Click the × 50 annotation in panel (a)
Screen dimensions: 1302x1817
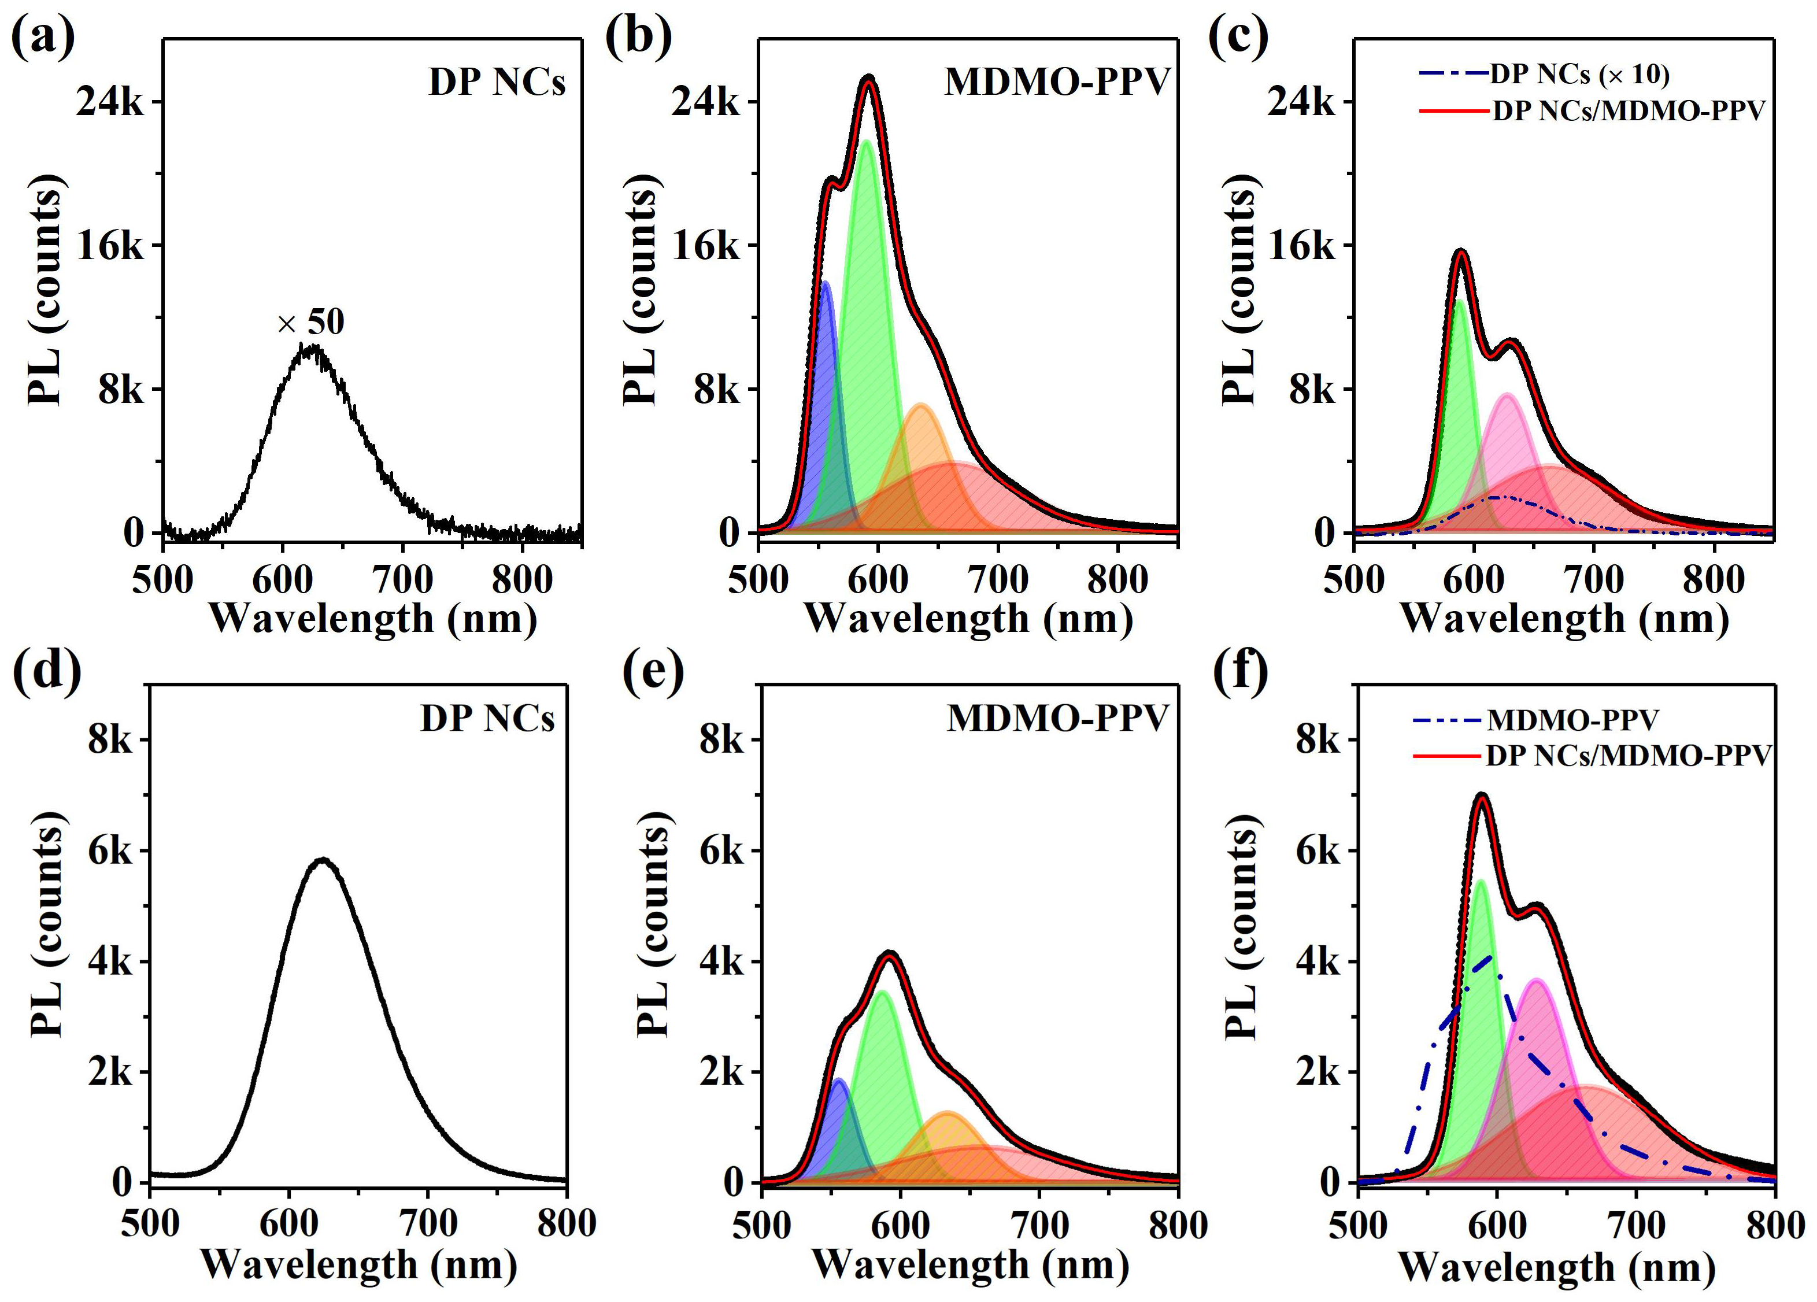(311, 322)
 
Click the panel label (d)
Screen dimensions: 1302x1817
(46, 671)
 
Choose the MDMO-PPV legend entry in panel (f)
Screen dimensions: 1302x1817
(1572, 720)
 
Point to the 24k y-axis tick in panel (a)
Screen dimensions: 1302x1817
(110, 102)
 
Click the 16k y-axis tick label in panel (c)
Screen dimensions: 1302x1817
(1302, 246)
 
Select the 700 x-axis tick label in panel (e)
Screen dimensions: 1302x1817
(1039, 1225)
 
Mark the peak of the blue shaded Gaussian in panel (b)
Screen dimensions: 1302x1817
(824, 283)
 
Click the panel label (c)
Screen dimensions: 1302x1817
(1238, 36)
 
